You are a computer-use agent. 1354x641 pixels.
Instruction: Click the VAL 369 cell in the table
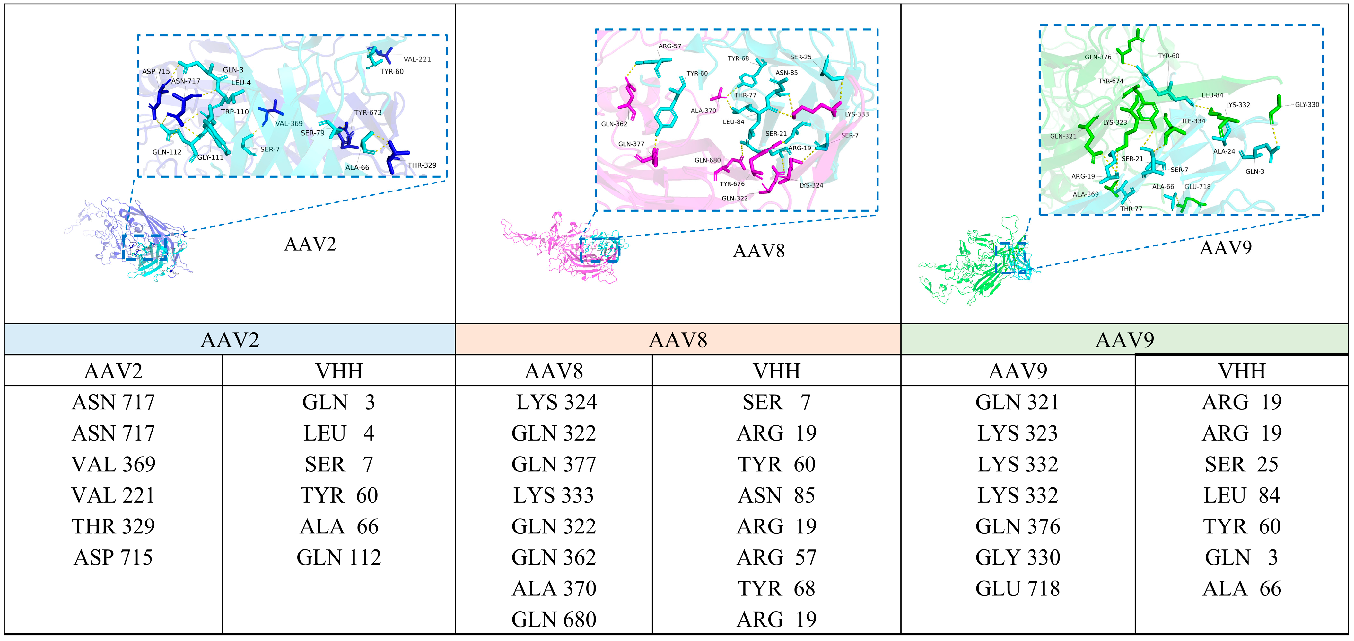point(114,464)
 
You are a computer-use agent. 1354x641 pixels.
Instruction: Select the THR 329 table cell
point(114,526)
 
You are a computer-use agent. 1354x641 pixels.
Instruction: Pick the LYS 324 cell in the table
point(556,402)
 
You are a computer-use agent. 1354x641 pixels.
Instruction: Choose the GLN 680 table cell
point(554,619)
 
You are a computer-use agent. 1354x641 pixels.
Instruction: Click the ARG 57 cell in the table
point(776,557)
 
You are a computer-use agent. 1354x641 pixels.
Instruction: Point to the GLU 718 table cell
point(1018,588)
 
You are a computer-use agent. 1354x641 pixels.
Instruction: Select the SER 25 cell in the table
point(1242,464)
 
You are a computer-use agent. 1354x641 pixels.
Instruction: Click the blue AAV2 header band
point(230,340)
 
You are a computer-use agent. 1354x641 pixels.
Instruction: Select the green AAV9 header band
point(1124,340)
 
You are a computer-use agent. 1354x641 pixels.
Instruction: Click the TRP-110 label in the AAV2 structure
point(235,112)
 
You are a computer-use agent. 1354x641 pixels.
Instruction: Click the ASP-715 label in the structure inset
point(156,72)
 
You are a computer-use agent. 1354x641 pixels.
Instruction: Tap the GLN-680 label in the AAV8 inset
point(707,160)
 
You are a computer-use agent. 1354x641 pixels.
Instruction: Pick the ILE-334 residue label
point(1194,121)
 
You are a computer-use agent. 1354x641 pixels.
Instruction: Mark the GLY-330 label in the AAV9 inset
point(1307,105)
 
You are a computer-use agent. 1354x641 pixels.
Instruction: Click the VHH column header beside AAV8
point(776,371)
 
